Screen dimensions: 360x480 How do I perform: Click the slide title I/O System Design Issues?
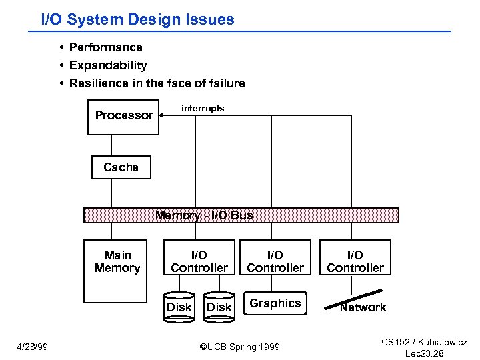pyautogui.click(x=138, y=19)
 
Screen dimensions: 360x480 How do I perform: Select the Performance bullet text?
pyautogui.click(x=106, y=47)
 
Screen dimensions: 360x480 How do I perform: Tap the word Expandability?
pyautogui.click(x=108, y=65)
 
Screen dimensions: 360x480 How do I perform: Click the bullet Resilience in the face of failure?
pyautogui.click(x=157, y=83)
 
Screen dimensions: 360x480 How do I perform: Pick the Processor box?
pyautogui.click(x=124, y=116)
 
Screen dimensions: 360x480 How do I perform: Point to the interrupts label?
pyautogui.click(x=203, y=108)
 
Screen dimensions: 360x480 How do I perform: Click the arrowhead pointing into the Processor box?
pyautogui.click(x=162, y=115)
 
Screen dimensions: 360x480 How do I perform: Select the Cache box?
pyautogui.click(x=121, y=167)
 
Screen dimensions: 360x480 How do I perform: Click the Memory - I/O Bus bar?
pyautogui.click(x=241, y=215)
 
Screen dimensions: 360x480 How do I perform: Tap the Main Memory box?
pyautogui.click(x=117, y=270)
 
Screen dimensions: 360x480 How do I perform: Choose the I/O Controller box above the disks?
pyautogui.click(x=199, y=261)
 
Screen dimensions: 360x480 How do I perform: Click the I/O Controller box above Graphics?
pyautogui.click(x=275, y=261)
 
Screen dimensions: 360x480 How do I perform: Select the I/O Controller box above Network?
pyautogui.click(x=355, y=261)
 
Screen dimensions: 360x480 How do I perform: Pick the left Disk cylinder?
pyautogui.click(x=179, y=307)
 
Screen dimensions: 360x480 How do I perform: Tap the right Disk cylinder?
pyautogui.click(x=219, y=307)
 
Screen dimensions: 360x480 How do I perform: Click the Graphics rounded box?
pyautogui.click(x=275, y=303)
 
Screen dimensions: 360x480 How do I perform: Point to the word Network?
pyautogui.click(x=363, y=307)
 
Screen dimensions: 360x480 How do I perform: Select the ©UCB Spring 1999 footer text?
pyautogui.click(x=240, y=347)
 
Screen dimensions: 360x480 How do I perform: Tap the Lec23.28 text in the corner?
pyautogui.click(x=424, y=353)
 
